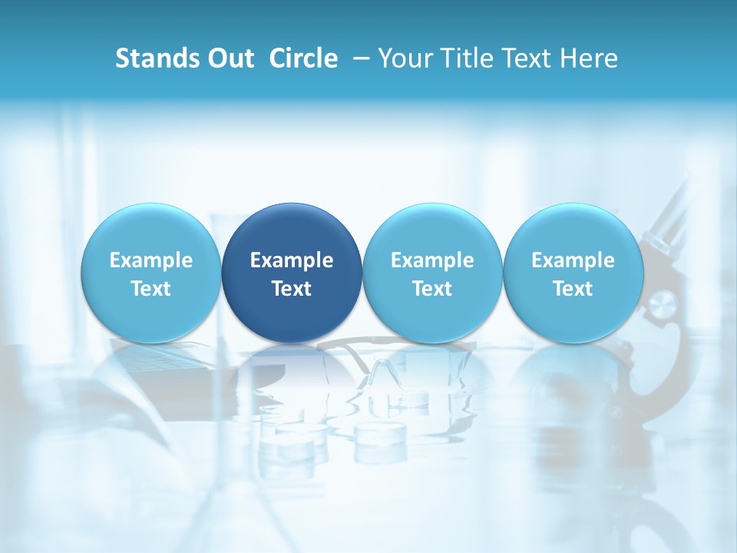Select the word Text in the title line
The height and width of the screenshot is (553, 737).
click(522, 58)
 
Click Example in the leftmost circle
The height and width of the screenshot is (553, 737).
click(150, 260)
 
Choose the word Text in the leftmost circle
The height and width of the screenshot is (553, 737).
click(150, 289)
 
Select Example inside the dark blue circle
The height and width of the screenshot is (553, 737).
click(292, 260)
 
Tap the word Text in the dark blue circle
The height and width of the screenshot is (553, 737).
click(292, 289)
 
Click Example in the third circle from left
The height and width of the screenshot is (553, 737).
click(432, 260)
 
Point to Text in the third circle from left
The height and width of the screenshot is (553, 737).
click(432, 289)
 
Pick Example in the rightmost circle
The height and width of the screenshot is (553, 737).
click(573, 260)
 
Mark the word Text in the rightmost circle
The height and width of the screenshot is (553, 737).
click(573, 289)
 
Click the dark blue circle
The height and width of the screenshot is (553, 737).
click(292, 230)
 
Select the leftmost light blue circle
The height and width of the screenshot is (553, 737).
click(150, 230)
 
